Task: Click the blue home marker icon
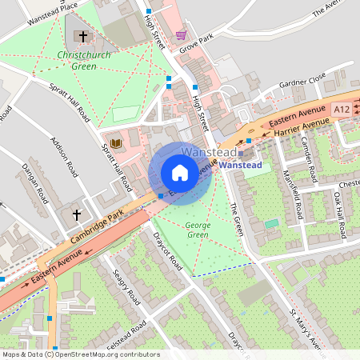click(x=180, y=172)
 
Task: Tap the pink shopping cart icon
click(x=182, y=35)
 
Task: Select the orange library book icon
click(x=116, y=142)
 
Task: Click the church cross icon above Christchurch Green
click(x=82, y=37)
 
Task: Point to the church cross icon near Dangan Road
click(x=78, y=215)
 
